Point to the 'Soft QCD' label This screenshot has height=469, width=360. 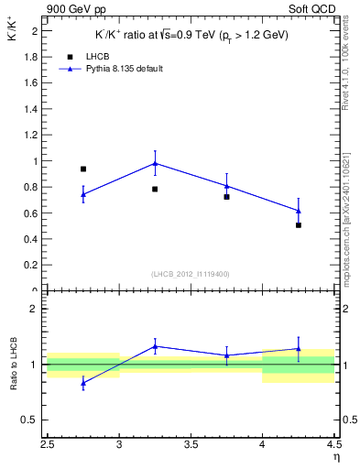pos(311,9)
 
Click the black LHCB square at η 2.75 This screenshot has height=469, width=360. pos(83,169)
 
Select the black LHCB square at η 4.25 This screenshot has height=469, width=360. pos(299,224)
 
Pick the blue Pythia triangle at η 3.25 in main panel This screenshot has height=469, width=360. pos(155,163)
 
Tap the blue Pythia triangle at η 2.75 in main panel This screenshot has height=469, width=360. pos(83,194)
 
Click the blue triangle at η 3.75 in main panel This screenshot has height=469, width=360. pos(226,186)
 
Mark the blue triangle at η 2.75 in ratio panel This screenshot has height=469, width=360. pos(83,383)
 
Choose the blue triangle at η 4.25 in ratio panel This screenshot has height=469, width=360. pos(299,348)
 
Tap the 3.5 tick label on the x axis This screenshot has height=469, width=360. pos(191,446)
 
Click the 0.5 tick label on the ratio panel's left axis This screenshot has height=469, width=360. pos(31,420)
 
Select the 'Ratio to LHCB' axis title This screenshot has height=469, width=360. pos(13,365)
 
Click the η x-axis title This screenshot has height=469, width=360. pos(335,457)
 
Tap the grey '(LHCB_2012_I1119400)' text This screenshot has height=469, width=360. pos(191,273)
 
